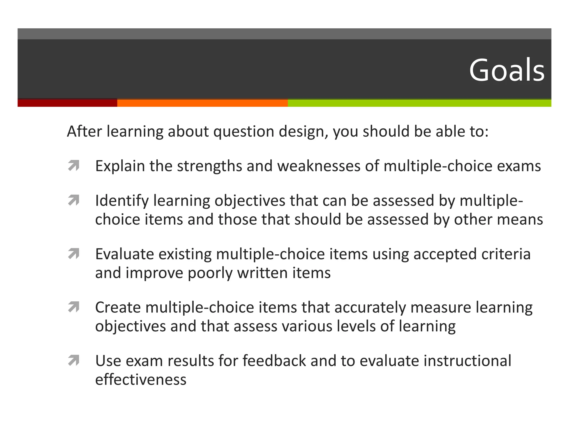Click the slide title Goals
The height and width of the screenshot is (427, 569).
point(507,70)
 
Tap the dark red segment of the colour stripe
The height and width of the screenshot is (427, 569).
point(67,103)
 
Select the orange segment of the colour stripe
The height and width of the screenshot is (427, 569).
point(202,103)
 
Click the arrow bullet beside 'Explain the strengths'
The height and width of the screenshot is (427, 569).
point(74,166)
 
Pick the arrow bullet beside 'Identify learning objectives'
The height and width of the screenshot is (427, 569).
point(74,200)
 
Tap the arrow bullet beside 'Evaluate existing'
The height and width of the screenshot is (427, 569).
point(74,254)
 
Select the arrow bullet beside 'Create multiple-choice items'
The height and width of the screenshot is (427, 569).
point(74,307)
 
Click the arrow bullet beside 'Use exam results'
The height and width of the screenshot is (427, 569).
point(74,361)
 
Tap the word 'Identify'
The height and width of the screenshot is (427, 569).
point(122,201)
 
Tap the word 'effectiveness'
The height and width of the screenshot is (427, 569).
point(141,380)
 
